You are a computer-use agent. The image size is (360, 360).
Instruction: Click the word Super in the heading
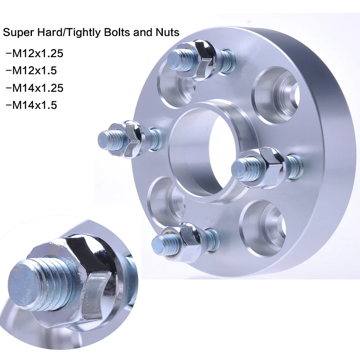[x=17, y=32]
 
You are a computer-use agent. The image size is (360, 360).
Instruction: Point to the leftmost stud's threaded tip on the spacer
[x=108, y=139]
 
